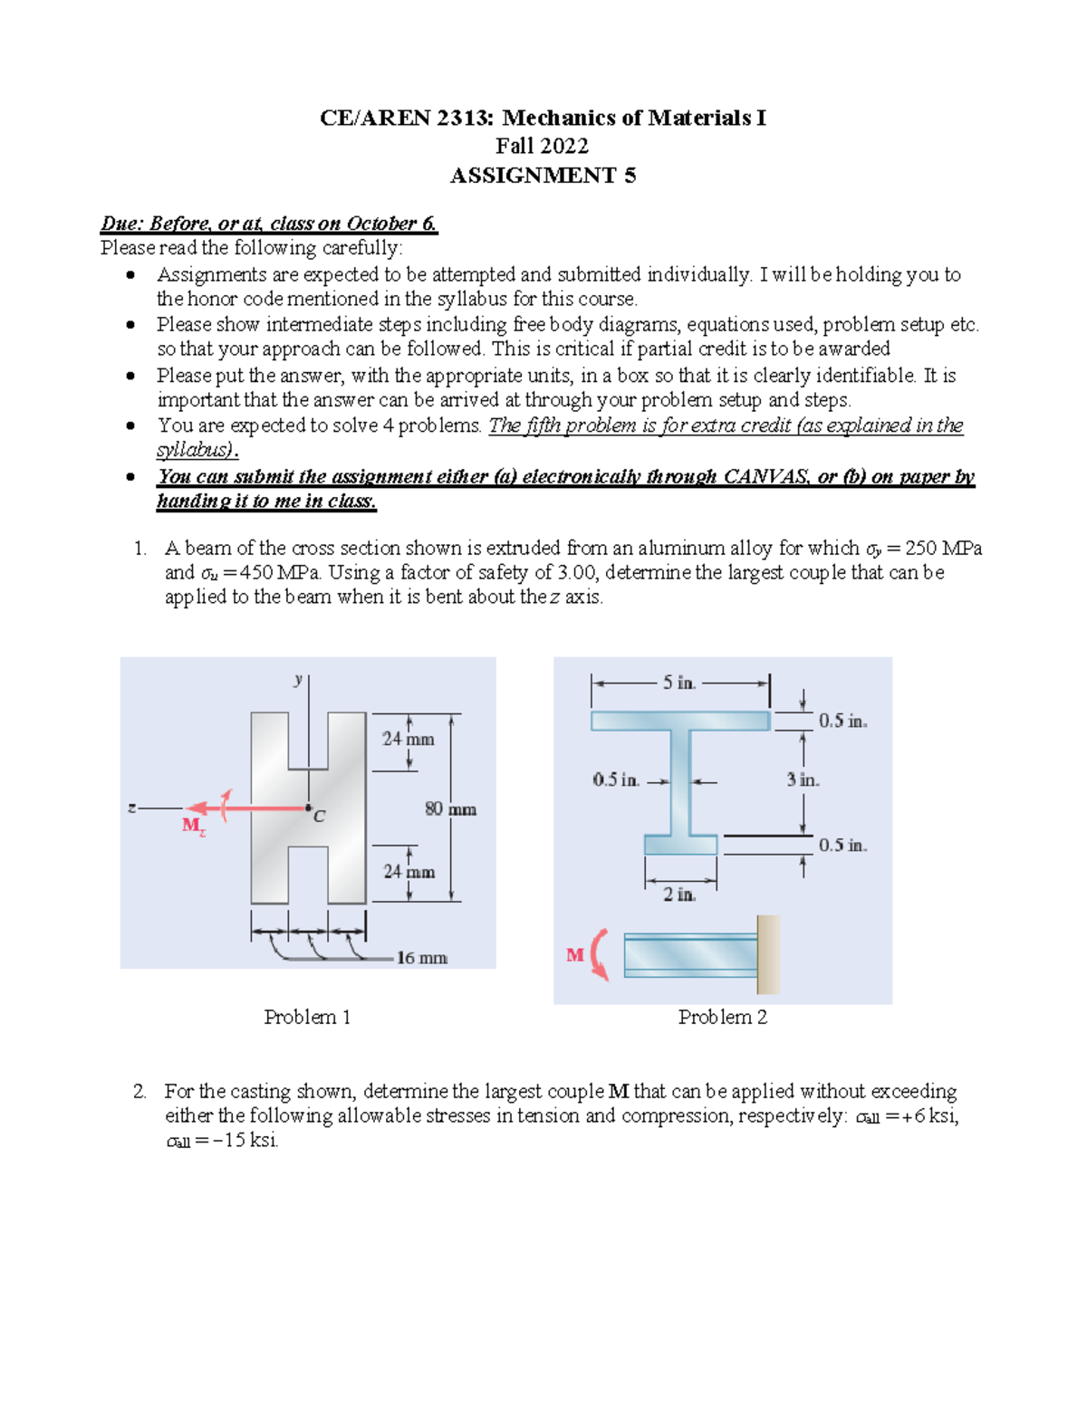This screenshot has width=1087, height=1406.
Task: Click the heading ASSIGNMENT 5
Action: [x=543, y=176]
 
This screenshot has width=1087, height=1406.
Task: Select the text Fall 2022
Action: [x=542, y=147]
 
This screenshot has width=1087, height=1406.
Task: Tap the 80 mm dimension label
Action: [x=450, y=809]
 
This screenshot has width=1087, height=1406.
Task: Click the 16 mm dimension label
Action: [x=421, y=958]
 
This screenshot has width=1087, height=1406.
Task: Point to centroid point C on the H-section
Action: [x=309, y=808]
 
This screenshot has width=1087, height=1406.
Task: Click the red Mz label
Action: [x=194, y=826]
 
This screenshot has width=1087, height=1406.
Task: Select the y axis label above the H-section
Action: [x=297, y=679]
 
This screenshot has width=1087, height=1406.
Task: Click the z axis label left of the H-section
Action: [x=132, y=808]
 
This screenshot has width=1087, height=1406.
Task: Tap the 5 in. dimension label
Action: [x=678, y=684]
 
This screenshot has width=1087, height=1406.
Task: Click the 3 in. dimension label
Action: [x=803, y=780]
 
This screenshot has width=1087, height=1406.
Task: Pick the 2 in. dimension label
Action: [x=679, y=894]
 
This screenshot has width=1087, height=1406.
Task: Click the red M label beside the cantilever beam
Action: [x=575, y=955]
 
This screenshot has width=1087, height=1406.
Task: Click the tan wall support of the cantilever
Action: [x=768, y=954]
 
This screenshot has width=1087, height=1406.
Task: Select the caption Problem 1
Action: [x=307, y=1018]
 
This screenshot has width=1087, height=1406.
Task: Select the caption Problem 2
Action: [x=722, y=1018]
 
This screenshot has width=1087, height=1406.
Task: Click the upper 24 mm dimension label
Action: [x=408, y=740]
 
